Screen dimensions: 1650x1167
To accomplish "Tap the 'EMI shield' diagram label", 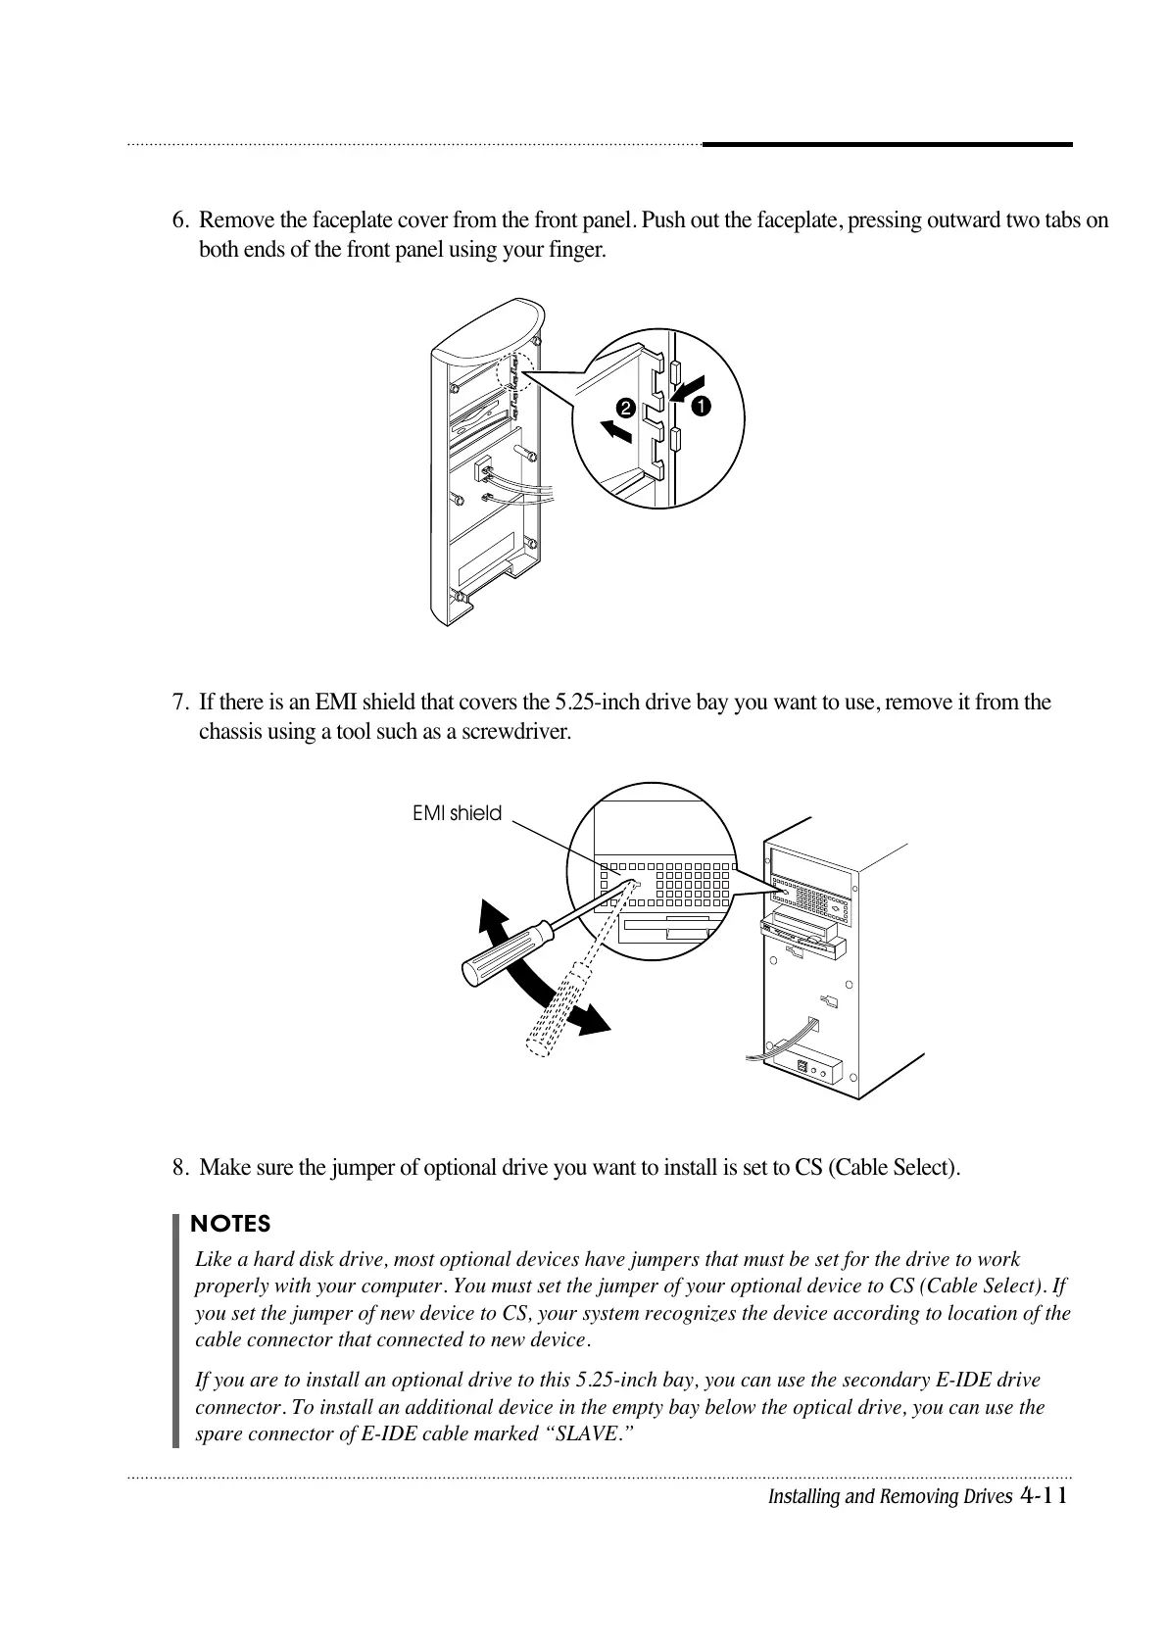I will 457,813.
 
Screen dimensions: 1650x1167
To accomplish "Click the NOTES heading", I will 230,1224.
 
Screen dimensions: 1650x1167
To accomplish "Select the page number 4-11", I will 1044,1495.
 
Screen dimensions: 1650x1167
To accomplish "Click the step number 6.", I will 179,220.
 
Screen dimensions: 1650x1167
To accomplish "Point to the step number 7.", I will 179,703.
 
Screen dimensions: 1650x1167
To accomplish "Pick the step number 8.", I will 179,1168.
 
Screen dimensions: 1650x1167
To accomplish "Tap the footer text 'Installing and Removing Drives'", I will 889,1496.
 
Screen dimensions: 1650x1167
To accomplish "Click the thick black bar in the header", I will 888,145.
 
